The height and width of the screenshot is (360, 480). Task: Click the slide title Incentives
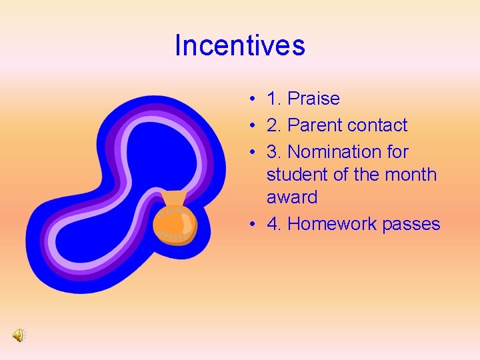coord(239,45)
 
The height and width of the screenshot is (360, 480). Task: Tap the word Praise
coord(313,99)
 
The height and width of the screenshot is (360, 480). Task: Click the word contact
coord(377,125)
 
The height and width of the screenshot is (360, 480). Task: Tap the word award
coord(292,197)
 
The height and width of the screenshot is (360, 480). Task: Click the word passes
coord(411,224)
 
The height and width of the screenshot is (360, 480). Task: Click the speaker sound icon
coord(19,335)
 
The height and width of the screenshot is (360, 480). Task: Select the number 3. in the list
coord(274,152)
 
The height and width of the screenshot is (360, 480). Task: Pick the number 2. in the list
coord(274,125)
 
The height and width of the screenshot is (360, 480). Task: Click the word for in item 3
coord(397,152)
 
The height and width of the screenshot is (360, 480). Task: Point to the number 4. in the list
coord(274,224)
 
